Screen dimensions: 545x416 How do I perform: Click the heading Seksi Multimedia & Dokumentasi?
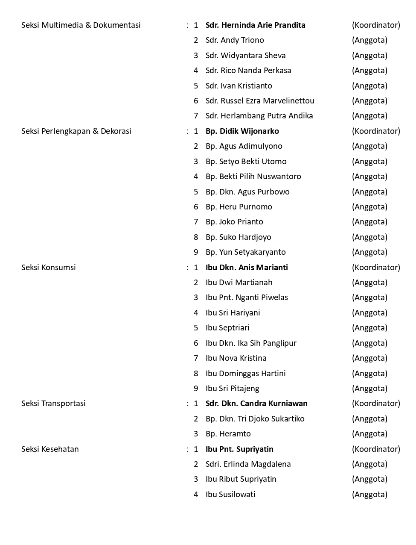tap(81, 25)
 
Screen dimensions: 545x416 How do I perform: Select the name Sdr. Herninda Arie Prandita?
tap(255, 25)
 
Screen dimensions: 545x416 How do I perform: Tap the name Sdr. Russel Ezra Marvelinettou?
tap(259, 101)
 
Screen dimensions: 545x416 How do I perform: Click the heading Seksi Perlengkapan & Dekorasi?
tap(76, 131)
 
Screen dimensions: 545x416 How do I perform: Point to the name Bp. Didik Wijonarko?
tap(242, 131)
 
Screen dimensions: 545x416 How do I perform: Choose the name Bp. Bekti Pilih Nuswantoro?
tap(253, 177)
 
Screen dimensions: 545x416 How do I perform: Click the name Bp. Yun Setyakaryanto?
tap(245, 252)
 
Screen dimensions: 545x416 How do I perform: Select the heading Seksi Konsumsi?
tap(49, 268)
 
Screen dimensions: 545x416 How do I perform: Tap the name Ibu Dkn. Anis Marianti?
tap(247, 268)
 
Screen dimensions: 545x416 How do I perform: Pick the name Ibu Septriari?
tap(227, 328)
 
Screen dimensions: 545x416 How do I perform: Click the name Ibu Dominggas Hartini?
tap(245, 374)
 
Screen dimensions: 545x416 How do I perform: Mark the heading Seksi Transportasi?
tap(53, 404)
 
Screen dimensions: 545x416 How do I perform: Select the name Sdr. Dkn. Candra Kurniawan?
tap(256, 404)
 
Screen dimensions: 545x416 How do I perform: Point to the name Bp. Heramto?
tap(228, 434)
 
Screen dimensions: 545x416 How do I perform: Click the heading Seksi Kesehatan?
tap(50, 449)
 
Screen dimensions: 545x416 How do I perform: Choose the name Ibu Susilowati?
tap(230, 495)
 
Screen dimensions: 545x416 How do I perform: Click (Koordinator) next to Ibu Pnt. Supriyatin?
tap(376, 449)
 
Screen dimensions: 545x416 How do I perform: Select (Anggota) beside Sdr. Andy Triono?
tap(369, 40)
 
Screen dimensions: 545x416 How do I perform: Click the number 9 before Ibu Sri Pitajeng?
tap(196, 389)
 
